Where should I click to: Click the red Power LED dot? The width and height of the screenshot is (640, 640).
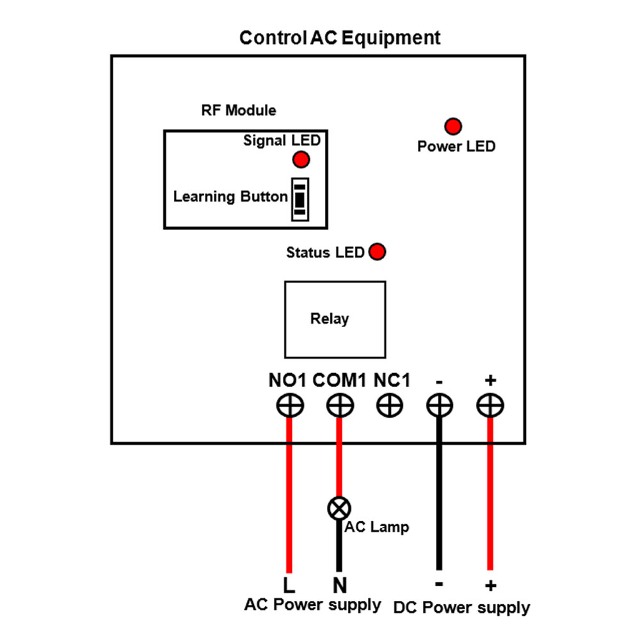(x=453, y=126)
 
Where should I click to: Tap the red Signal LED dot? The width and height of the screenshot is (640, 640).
(x=301, y=159)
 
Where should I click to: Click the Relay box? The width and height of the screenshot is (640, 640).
(x=335, y=319)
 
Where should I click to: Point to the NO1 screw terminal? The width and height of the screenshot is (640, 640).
(x=289, y=405)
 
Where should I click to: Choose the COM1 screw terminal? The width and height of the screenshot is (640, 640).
(x=339, y=405)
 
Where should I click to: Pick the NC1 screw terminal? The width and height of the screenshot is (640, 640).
(x=389, y=405)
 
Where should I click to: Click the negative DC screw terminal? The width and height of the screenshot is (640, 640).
(x=439, y=405)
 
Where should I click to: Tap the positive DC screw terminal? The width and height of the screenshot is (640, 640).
(x=490, y=405)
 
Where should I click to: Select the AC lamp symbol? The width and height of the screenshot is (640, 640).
(x=339, y=509)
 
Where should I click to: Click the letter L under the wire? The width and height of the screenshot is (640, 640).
(x=289, y=585)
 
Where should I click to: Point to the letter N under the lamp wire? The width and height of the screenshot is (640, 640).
(x=339, y=585)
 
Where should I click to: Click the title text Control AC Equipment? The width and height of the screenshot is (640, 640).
(x=340, y=38)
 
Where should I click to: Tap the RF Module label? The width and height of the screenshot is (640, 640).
(x=239, y=111)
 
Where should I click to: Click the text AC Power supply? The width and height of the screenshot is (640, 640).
(x=312, y=605)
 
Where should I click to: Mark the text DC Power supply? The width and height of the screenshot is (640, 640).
(x=461, y=607)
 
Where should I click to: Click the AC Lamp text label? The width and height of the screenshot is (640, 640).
(x=377, y=527)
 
